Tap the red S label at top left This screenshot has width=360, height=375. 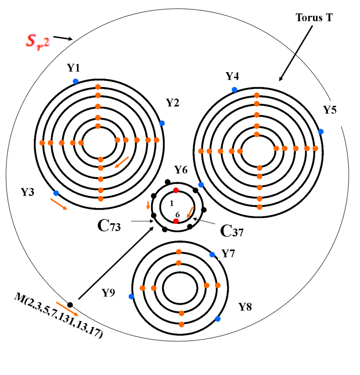click(x=38, y=41)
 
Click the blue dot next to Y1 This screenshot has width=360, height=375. click(x=76, y=81)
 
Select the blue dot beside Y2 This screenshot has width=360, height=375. click(x=162, y=123)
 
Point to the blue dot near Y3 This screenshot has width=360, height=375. click(x=56, y=193)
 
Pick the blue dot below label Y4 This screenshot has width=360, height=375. click(x=234, y=89)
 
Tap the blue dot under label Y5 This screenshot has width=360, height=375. click(x=321, y=131)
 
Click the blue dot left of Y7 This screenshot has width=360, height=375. click(x=212, y=254)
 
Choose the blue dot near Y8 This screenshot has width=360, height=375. click(x=218, y=319)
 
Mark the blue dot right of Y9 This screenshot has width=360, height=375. click(x=131, y=296)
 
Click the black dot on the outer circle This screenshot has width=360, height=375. click(x=71, y=304)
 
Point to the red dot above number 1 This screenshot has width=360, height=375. click(x=176, y=190)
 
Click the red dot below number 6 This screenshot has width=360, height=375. click(x=176, y=221)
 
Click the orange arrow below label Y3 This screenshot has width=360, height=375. click(x=59, y=204)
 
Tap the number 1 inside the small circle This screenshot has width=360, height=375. click(x=171, y=203)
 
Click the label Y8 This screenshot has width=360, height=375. click(x=245, y=307)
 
